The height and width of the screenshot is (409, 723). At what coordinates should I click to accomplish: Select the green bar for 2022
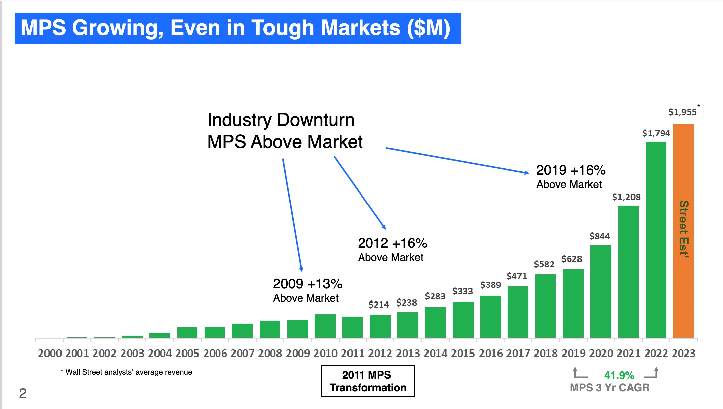(x=656, y=239)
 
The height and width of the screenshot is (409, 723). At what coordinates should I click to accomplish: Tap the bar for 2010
(x=325, y=326)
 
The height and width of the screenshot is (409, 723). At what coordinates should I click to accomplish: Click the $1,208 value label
(x=626, y=197)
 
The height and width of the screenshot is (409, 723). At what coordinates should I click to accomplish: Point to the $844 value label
(x=599, y=236)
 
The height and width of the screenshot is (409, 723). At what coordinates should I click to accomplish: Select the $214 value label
(x=378, y=304)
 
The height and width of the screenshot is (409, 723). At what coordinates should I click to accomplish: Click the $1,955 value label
(x=682, y=112)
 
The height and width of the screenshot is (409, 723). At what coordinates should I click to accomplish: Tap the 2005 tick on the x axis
(x=187, y=353)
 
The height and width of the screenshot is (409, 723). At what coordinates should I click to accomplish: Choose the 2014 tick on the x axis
(x=435, y=353)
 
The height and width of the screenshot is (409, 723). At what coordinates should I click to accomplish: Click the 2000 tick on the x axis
(x=50, y=353)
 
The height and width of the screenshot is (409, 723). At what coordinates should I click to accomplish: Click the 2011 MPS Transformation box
(x=368, y=381)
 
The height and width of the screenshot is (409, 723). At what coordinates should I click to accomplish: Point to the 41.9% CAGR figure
(x=619, y=375)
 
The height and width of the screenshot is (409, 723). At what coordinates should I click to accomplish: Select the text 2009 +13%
(x=307, y=284)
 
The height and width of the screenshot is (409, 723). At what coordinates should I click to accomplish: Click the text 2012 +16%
(x=392, y=243)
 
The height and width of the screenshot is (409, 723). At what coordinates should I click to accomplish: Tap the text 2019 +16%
(x=571, y=170)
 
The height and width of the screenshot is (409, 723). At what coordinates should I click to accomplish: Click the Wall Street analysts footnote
(x=126, y=372)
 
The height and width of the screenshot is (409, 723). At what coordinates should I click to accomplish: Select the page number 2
(x=23, y=393)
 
